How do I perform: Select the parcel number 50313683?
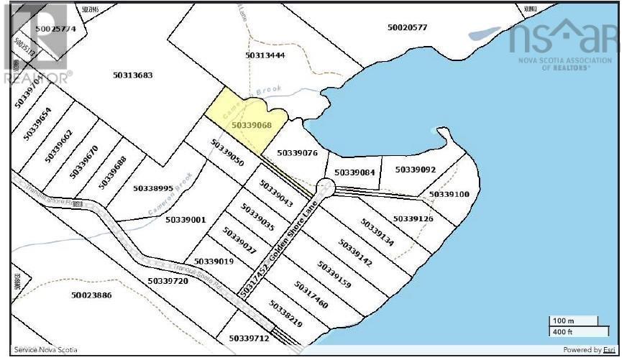click(133, 75)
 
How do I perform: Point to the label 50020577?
click(407, 28)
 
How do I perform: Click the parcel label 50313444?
click(265, 55)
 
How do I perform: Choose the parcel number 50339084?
click(355, 172)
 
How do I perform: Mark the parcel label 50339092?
click(416, 170)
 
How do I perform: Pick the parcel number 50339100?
click(449, 194)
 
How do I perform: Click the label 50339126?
click(413, 218)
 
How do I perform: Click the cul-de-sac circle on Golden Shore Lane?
click(325, 188)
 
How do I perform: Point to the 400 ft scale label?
click(562, 331)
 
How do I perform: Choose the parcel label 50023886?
click(92, 295)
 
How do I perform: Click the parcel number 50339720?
click(168, 281)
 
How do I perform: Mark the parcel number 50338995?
click(153, 188)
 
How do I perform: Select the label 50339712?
click(249, 338)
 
